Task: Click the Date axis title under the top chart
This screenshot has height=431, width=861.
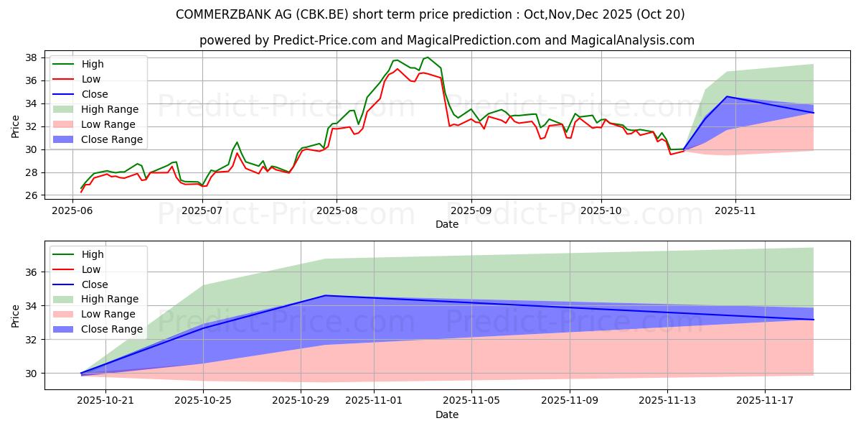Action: [446, 224]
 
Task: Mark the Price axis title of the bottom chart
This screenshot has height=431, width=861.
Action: [15, 315]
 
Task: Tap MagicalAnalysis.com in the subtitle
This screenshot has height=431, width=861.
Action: [632, 40]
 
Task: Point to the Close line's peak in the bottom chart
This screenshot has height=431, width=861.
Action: [325, 295]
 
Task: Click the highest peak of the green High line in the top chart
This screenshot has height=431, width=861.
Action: [428, 57]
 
